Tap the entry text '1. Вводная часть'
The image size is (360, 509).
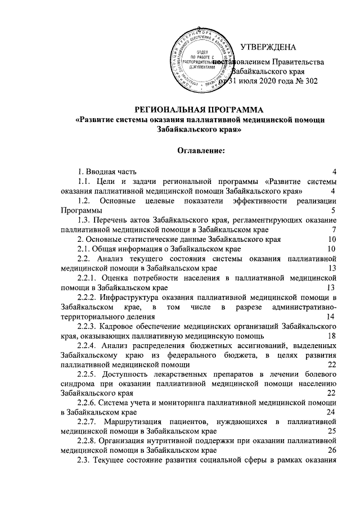(106, 171)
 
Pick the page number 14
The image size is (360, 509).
(331, 317)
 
